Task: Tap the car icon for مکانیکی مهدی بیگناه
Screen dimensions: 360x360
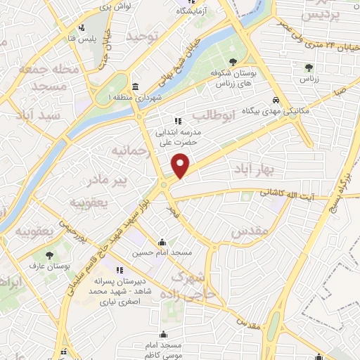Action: point(278,100)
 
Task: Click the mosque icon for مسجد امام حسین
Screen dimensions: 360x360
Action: point(163,240)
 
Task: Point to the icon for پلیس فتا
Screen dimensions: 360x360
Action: point(82,29)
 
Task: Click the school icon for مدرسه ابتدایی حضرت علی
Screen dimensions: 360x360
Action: point(168,120)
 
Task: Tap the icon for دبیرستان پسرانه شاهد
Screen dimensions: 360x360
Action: point(121,269)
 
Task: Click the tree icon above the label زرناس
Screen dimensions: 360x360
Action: point(309,68)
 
